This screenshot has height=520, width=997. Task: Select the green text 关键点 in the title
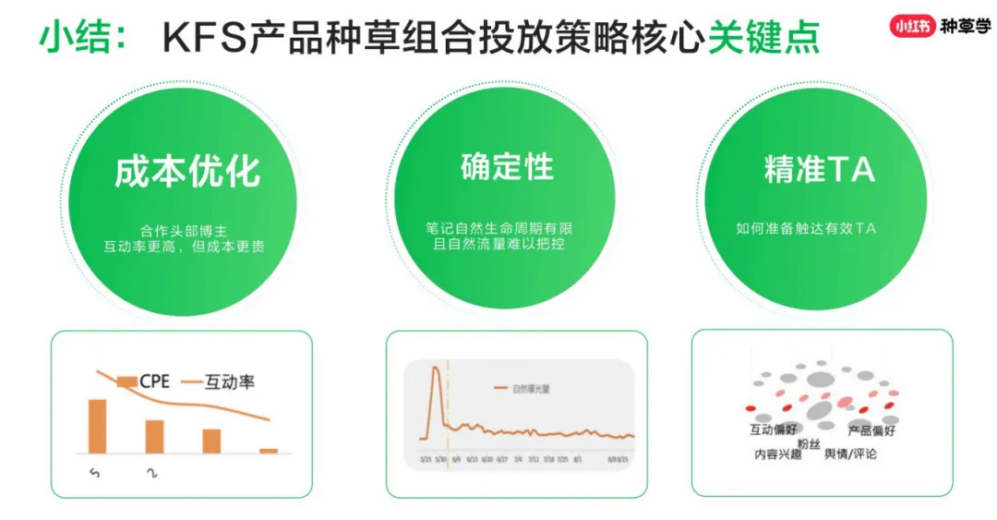[763, 39]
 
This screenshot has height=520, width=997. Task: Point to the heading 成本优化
[187, 172]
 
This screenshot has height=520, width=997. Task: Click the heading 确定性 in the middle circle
[507, 167]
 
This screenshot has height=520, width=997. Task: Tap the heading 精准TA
[819, 170]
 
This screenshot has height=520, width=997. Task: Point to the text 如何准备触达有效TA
[806, 228]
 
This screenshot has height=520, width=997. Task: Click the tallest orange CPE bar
[97, 426]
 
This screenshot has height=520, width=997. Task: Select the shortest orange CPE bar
[269, 451]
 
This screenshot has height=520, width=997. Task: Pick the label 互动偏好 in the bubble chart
[774, 430]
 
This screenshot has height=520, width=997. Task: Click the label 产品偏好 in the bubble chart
[871, 430]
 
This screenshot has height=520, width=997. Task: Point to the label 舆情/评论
[850, 453]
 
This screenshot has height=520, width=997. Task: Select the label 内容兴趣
[778, 453]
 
